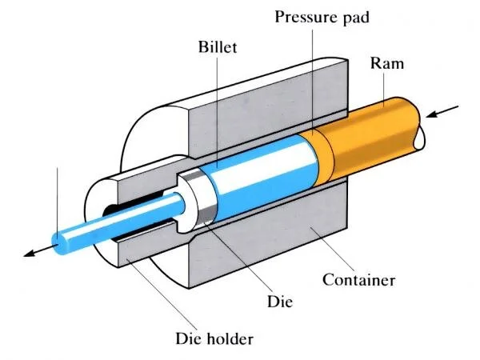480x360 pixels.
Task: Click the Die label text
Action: click(282, 302)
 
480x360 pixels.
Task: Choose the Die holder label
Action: click(209, 337)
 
